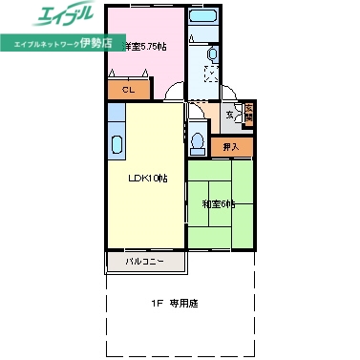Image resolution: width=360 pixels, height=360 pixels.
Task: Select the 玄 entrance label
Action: coord(230,115)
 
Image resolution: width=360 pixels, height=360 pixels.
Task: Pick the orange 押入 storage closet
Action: coord(231,146)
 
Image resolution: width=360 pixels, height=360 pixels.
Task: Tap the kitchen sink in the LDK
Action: coord(116,146)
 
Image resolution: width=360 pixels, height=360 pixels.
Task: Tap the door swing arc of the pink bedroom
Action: coord(175,93)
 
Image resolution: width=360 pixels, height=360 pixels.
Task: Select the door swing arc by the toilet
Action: coord(195,113)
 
